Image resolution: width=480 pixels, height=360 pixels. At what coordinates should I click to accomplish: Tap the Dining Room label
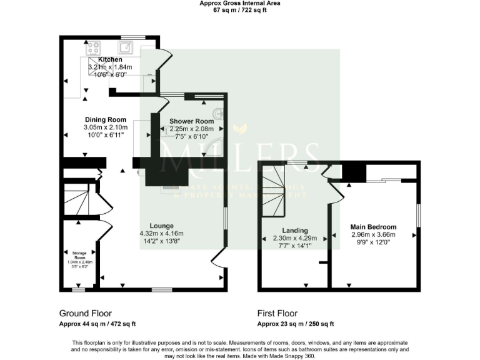pyautogui.click(x=106, y=120)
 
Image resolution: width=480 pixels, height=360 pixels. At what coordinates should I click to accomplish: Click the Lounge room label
pyautogui.click(x=161, y=226)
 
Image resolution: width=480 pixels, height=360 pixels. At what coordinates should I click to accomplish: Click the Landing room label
pyautogui.click(x=295, y=230)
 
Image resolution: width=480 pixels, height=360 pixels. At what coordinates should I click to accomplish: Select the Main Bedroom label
pyautogui.click(x=373, y=227)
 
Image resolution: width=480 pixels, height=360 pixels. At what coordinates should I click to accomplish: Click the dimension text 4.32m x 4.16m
pyautogui.click(x=161, y=234)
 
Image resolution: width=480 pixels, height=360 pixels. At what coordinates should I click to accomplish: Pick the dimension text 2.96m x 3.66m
pyautogui.click(x=373, y=235)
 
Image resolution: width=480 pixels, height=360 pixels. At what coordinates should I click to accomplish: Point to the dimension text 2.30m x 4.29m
pyautogui.click(x=295, y=238)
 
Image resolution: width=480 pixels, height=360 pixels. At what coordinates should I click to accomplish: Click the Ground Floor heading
pyautogui.click(x=85, y=313)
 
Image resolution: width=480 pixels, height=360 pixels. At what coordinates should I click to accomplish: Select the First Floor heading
pyautogui.click(x=277, y=313)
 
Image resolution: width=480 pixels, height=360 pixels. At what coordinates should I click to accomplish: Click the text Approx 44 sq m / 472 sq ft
pyautogui.click(x=97, y=324)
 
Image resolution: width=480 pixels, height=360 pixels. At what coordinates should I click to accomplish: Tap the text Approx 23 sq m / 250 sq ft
pyautogui.click(x=296, y=324)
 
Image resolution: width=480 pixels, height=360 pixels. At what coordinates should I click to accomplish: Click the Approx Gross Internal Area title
pyautogui.click(x=240, y=3)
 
